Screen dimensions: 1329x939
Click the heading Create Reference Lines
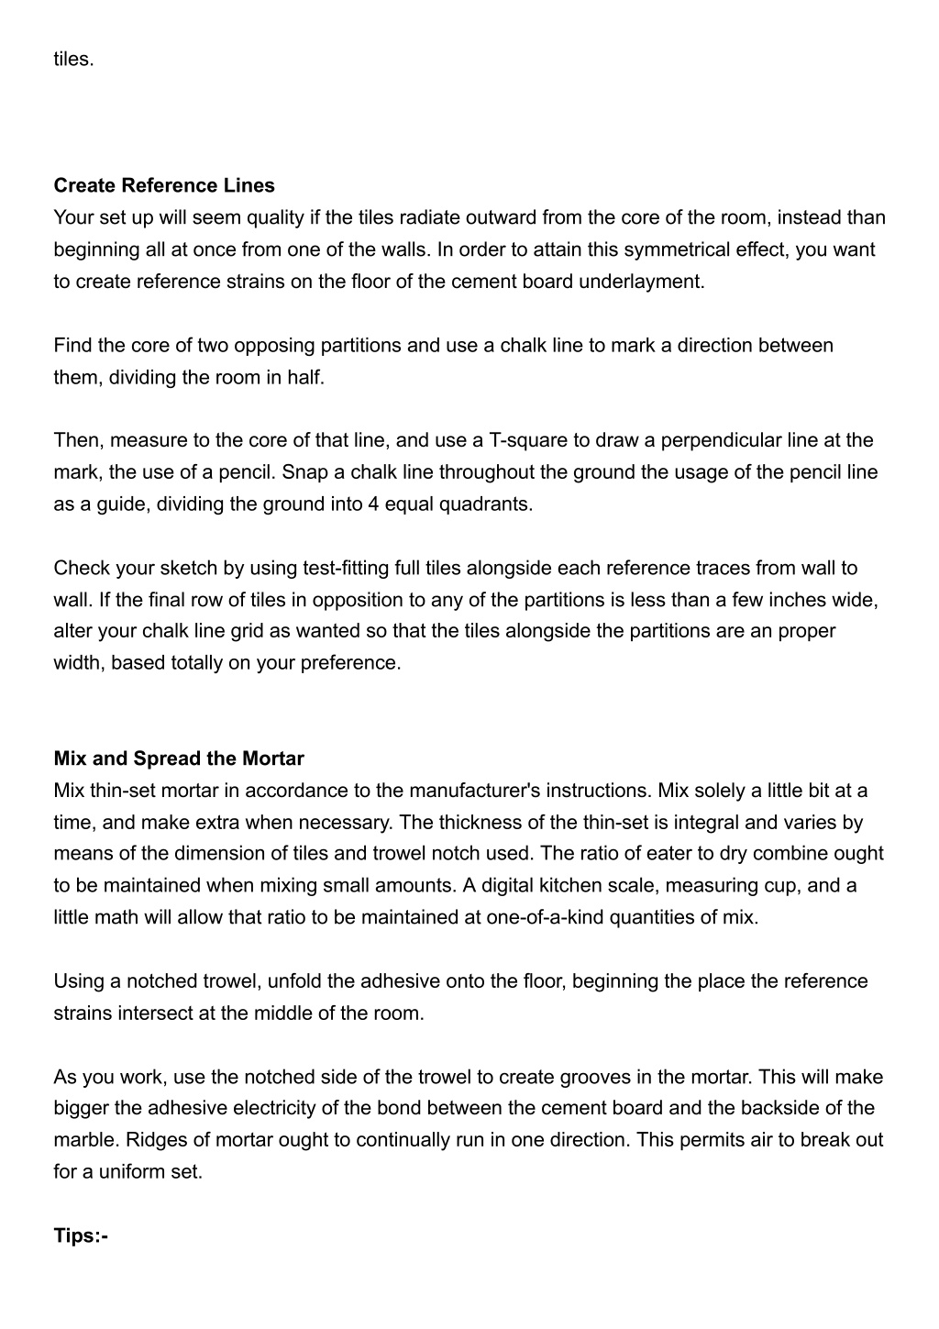point(164,185)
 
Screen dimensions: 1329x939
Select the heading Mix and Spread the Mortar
point(179,759)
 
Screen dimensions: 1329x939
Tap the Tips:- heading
point(81,1235)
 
